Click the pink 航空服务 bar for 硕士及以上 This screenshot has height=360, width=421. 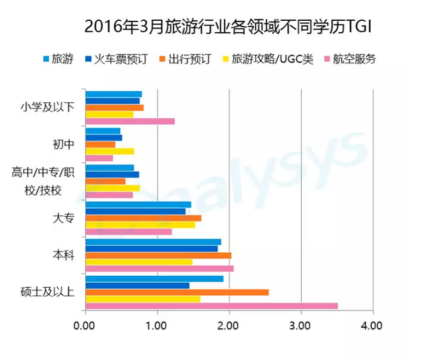[211, 306]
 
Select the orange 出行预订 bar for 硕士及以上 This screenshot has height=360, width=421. [176, 292]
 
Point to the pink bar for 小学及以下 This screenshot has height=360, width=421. [130, 121]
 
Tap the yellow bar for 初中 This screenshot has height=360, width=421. [109, 151]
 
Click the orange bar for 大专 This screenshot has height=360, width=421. [143, 218]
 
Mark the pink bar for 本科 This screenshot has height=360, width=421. [159, 268]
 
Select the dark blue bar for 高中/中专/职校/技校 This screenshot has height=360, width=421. [112, 174]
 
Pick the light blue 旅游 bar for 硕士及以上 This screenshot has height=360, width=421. [154, 279]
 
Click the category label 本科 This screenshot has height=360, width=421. [63, 255]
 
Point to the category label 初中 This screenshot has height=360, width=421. [63, 144]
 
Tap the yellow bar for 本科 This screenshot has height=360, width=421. [138, 262]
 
